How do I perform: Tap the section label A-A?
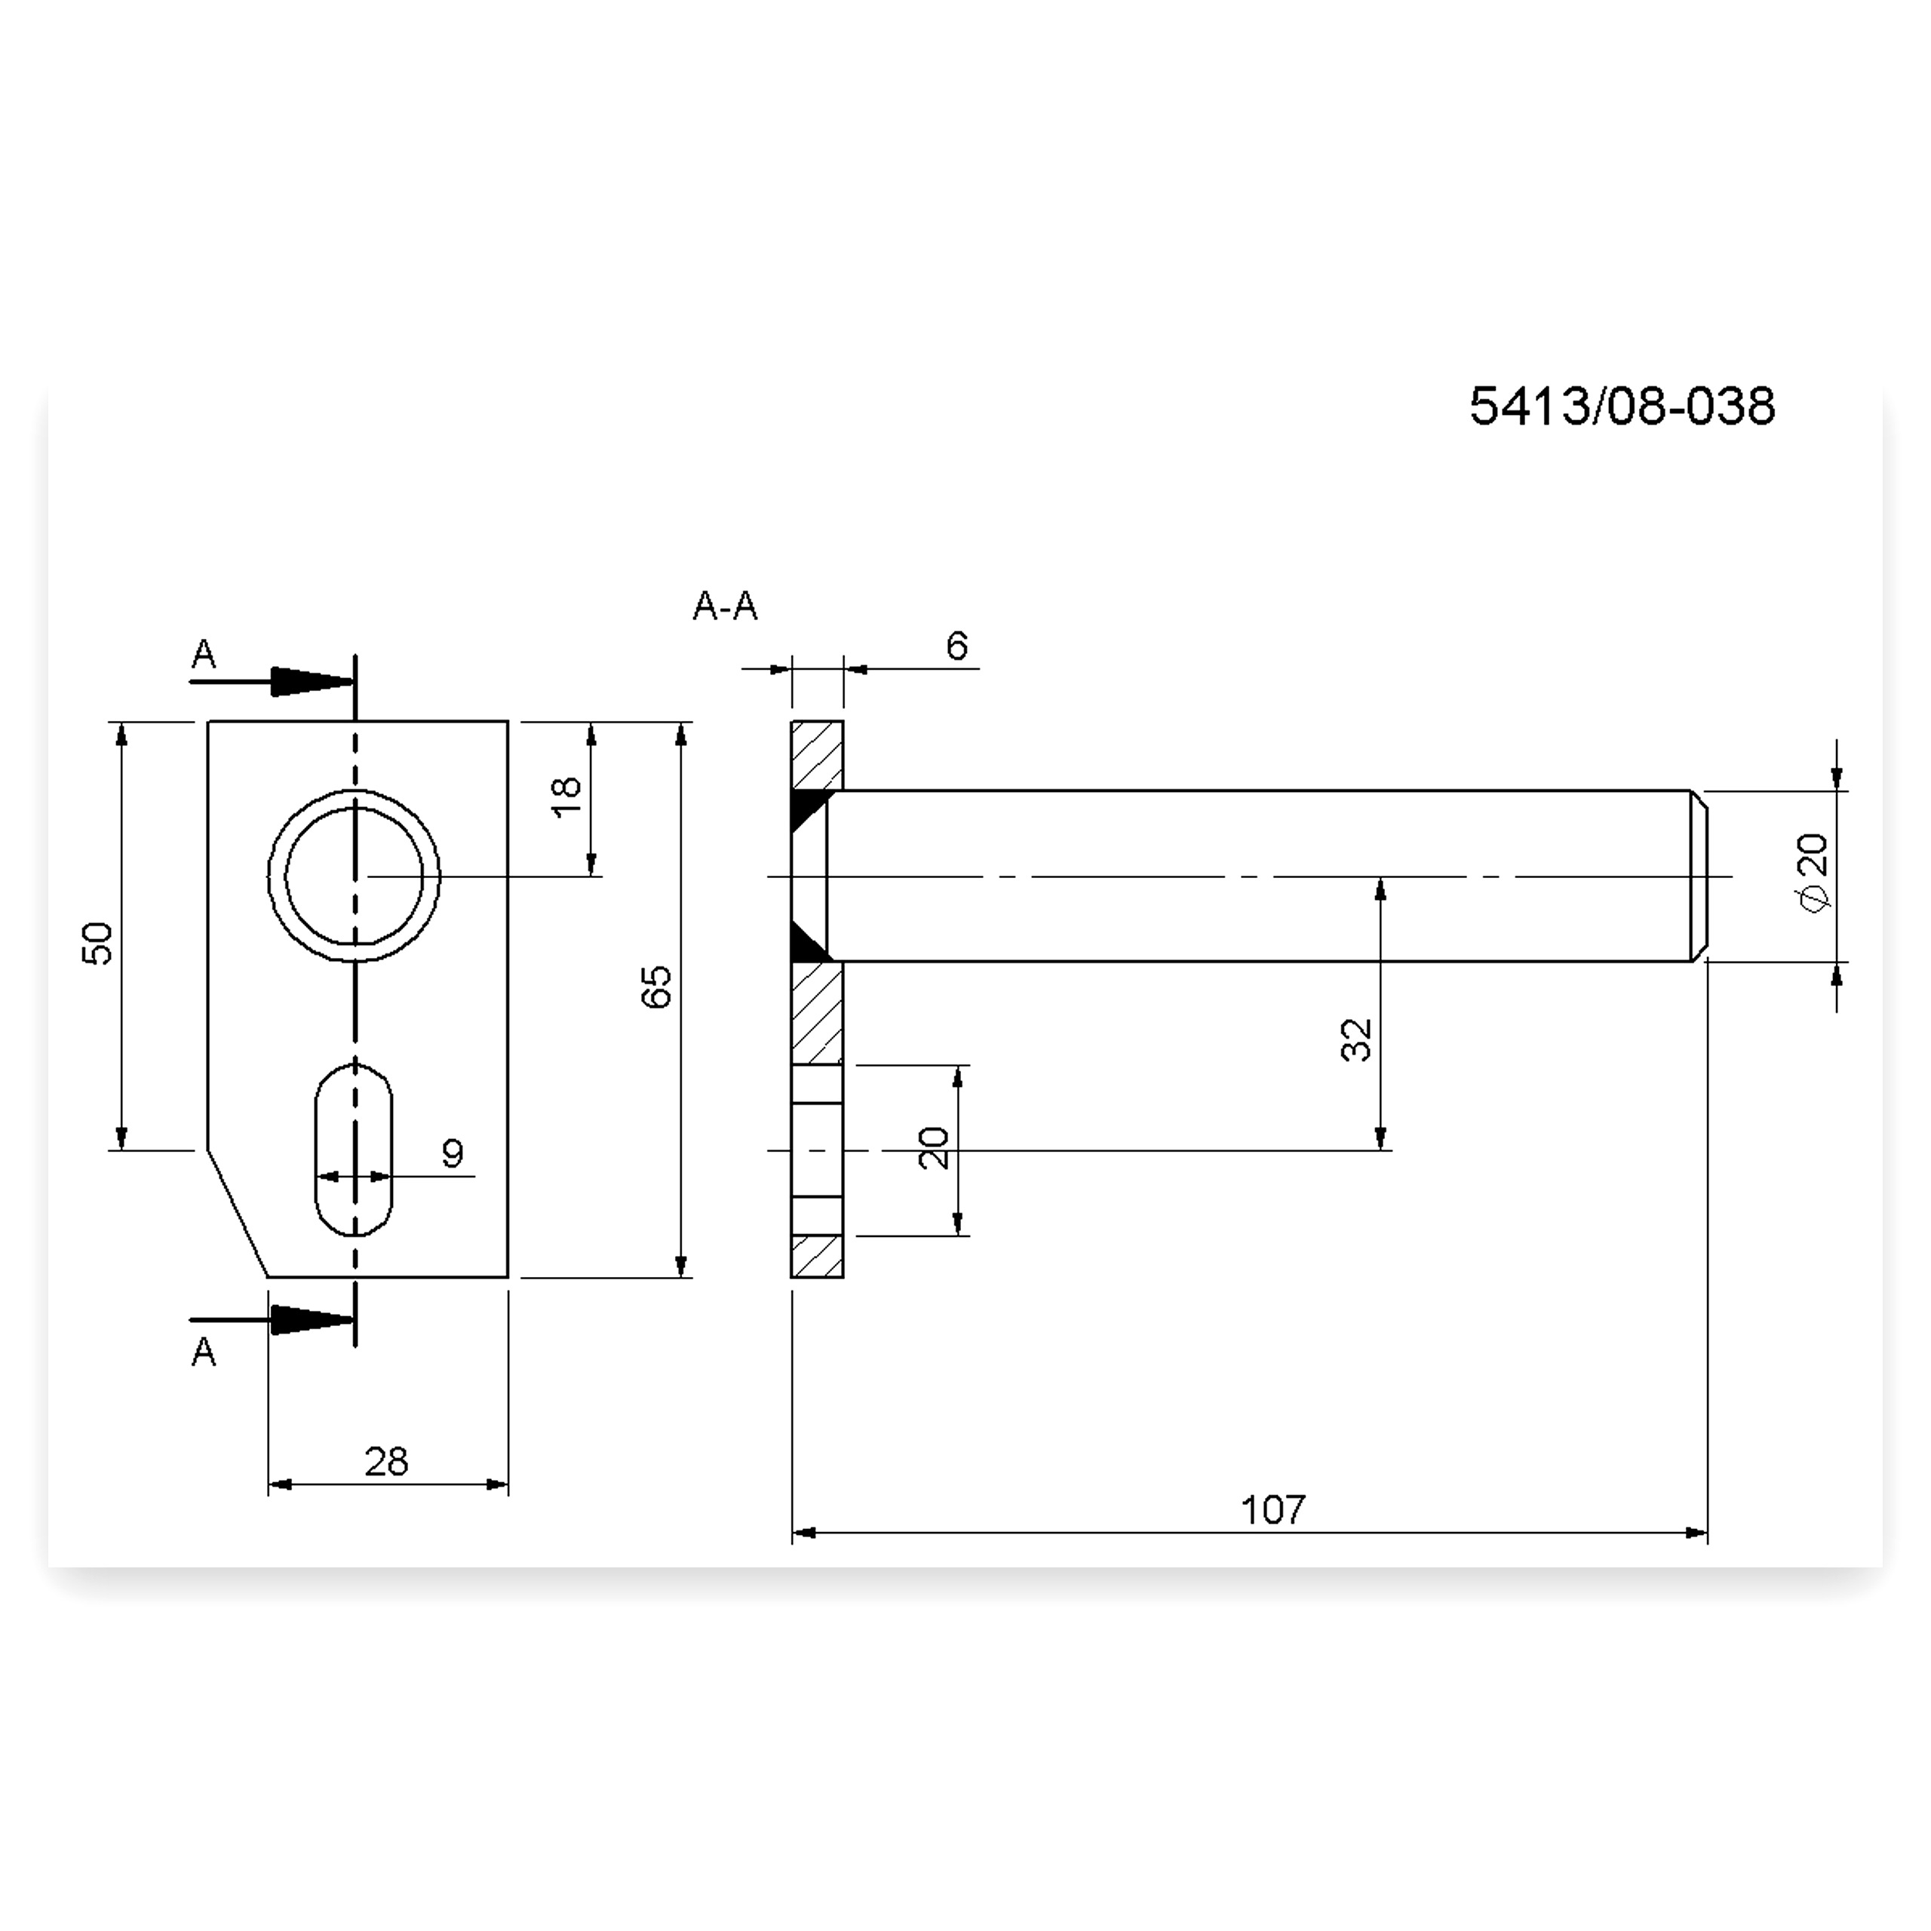click(x=725, y=606)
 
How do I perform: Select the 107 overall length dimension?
click(x=1272, y=1509)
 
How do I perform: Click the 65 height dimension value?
click(x=657, y=987)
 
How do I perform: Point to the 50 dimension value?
click(x=98, y=943)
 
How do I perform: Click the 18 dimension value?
click(x=566, y=797)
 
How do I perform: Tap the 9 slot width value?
click(x=453, y=1153)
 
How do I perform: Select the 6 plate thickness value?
click(x=956, y=646)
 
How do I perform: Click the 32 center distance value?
click(x=1356, y=1039)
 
